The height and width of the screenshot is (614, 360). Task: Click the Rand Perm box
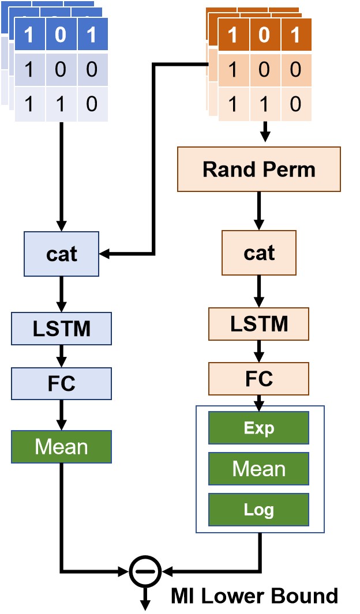coord(258,169)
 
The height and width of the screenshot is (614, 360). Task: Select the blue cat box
coord(61,254)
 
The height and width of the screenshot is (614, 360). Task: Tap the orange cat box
coord(258,253)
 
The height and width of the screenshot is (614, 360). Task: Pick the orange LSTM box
coord(258,323)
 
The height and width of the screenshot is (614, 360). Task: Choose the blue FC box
coord(61,383)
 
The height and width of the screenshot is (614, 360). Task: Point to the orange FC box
coord(258,378)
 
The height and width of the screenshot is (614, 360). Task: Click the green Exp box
coord(258,428)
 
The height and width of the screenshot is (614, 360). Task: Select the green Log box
coord(258,509)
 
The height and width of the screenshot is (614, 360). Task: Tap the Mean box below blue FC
coord(61,447)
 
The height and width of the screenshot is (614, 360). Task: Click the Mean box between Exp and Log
coord(258,469)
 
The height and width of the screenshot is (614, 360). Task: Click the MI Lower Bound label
coord(254,596)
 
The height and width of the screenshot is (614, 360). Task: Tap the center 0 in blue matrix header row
coord(61,36)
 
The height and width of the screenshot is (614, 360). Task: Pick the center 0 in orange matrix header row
coord(264,36)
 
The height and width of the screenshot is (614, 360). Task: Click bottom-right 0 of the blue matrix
coord(92,104)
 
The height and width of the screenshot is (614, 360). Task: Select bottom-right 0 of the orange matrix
coord(295,104)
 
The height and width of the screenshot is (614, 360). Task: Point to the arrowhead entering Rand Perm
coord(265,138)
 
